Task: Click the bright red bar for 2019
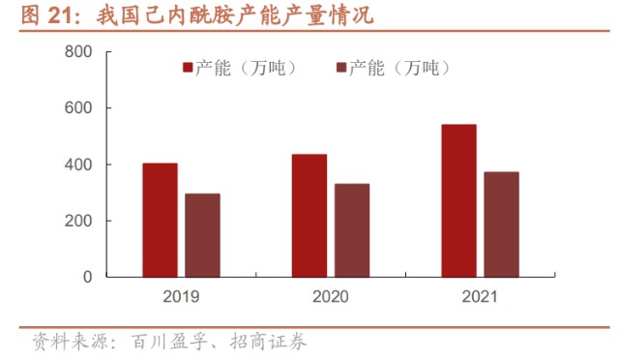tap(160, 220)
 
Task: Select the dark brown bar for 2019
tap(202, 235)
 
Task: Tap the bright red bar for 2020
tap(309, 216)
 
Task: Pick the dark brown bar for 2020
tap(352, 230)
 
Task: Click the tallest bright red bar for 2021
tap(458, 200)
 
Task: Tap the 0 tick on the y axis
tap(88, 277)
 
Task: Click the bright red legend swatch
tap(188, 68)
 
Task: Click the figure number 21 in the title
tap(56, 17)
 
